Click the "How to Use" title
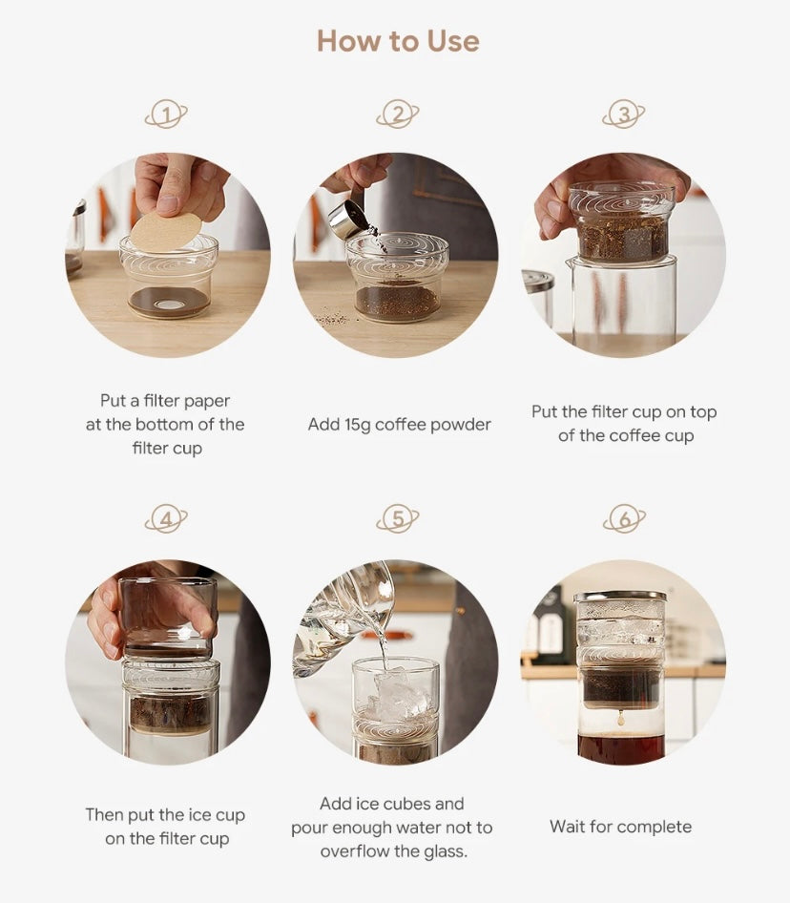click(398, 41)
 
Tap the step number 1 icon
click(166, 114)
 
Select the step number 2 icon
click(397, 114)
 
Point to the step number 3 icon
click(624, 114)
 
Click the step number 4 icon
click(166, 519)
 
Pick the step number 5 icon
click(397, 519)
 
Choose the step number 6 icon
click(624, 519)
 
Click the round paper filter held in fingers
click(166, 231)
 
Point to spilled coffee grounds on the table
click(333, 318)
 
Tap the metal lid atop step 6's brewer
click(620, 596)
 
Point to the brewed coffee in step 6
click(621, 748)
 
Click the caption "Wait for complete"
click(621, 827)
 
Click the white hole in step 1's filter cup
click(169, 304)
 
